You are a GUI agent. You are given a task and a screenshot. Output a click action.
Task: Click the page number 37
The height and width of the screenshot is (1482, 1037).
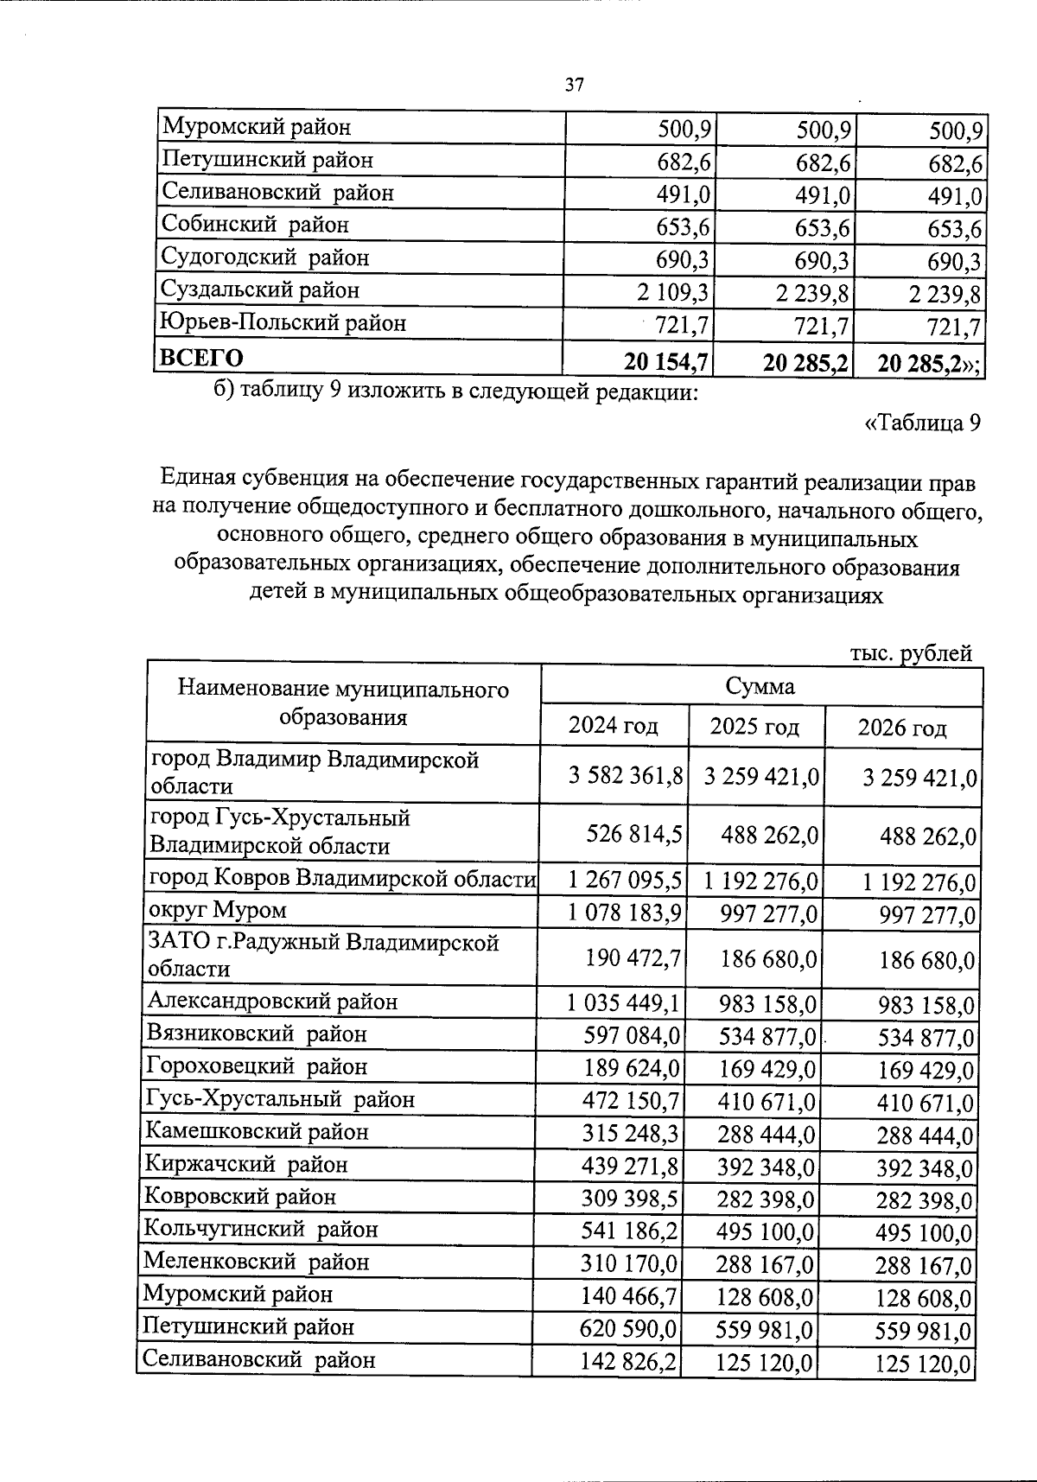[x=574, y=85]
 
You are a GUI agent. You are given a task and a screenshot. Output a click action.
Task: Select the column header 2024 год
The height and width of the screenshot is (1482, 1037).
[x=613, y=726]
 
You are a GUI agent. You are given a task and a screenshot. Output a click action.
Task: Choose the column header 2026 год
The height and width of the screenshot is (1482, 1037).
[x=901, y=728]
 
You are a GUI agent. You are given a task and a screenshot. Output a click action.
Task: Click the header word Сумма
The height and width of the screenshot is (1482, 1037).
[x=760, y=686]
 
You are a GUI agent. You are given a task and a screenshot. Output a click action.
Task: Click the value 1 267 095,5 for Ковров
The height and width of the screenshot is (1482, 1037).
[x=626, y=881]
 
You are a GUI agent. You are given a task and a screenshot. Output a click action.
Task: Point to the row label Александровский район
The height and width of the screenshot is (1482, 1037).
[x=272, y=1002]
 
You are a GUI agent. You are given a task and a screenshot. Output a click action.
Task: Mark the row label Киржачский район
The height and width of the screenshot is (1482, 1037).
[x=245, y=1165]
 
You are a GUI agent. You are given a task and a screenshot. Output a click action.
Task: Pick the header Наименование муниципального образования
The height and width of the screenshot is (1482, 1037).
[x=343, y=703]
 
